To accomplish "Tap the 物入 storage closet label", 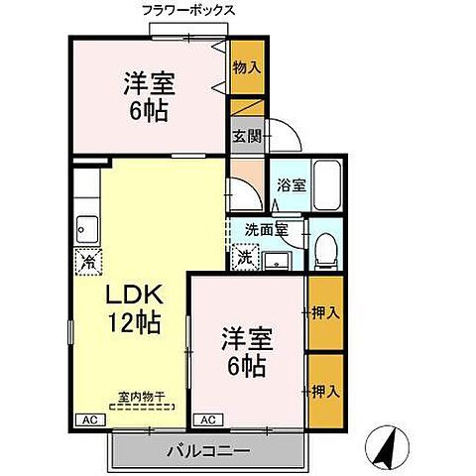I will coord(248,67).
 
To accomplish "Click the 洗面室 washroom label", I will coord(266,230).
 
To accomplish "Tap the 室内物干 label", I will coord(141,398).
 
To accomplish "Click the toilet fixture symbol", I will coord(322,254).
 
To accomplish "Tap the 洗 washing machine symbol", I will coord(245,258).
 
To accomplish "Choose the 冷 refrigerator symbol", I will coord(87,262).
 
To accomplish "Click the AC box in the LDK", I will coord(87,419).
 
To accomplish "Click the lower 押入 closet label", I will coord(326,390).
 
